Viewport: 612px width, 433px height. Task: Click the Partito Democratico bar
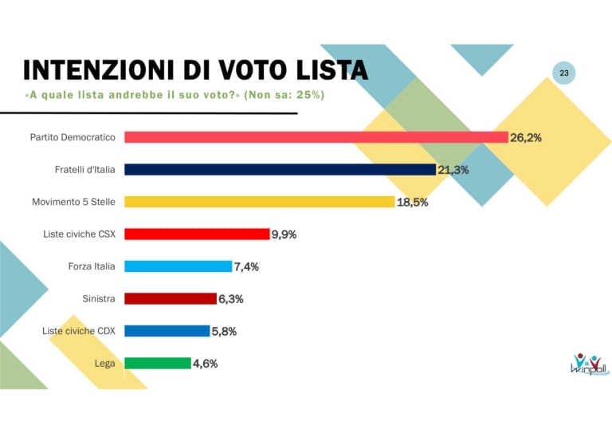316,137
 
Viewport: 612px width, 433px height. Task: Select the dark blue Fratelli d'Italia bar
280,170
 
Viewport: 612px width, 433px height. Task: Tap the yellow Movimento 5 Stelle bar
260,202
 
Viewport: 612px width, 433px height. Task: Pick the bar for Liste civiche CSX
197,234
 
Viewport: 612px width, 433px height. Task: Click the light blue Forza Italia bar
178,266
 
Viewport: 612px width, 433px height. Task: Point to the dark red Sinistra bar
171,298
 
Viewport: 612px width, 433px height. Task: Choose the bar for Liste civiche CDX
167,331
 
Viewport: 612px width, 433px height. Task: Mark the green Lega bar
158,363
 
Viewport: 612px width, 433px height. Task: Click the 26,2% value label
526,138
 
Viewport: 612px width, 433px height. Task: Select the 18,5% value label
412,203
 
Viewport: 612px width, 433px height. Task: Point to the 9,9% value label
285,234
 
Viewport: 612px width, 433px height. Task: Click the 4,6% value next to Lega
205,364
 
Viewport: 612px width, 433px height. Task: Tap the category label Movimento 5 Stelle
76,202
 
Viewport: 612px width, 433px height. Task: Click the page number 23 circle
564,73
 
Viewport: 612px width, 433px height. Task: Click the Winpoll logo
588,364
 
